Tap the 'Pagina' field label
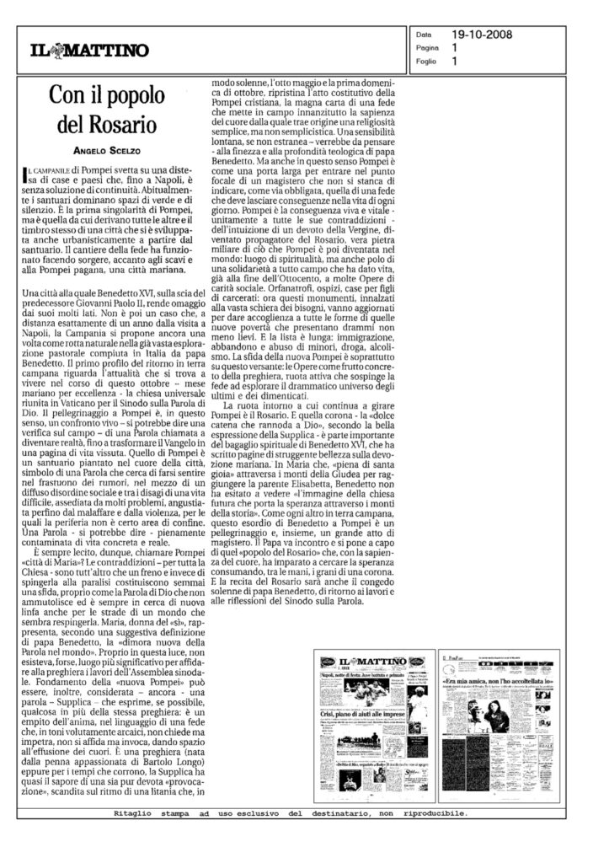pos(428,49)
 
